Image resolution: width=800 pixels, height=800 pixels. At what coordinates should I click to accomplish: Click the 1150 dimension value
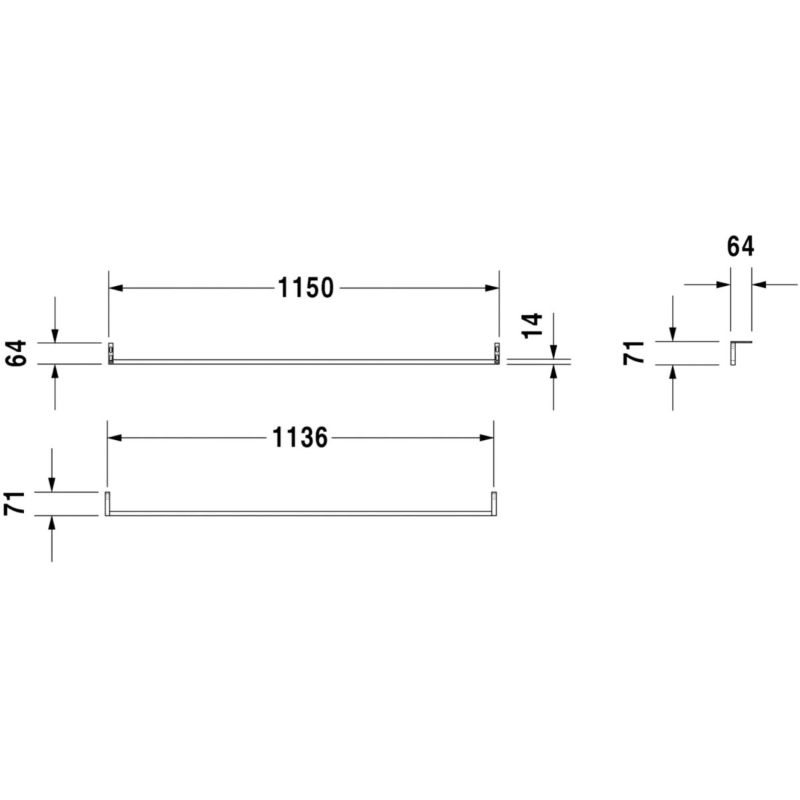tap(305, 288)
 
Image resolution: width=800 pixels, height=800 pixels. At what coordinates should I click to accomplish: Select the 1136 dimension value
tap(300, 437)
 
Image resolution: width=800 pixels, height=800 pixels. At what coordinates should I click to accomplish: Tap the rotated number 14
tap(533, 326)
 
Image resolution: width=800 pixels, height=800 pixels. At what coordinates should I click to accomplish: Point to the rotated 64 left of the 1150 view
tap(16, 353)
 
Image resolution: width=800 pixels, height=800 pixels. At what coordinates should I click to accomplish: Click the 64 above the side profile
tap(741, 247)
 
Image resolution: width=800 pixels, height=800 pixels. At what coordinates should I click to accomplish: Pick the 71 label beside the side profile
tap(633, 353)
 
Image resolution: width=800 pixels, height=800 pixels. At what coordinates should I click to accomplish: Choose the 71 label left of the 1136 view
tap(15, 503)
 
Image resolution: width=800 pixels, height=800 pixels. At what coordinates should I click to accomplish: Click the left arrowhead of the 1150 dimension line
tap(116, 288)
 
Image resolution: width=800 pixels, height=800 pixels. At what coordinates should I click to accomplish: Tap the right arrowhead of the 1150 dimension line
tap(492, 288)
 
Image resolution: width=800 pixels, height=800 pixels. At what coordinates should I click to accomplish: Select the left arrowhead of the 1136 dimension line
tap(115, 437)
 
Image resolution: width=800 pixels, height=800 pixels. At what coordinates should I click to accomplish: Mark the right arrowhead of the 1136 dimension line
tap(487, 437)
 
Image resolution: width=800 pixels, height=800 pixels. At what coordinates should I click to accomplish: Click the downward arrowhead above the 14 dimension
tap(553, 351)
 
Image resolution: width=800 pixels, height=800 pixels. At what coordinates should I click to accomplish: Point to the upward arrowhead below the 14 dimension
tap(553, 371)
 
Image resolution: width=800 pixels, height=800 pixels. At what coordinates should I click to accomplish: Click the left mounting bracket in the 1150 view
tap(111, 354)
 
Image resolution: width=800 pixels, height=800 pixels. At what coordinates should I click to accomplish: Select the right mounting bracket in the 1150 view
tap(497, 354)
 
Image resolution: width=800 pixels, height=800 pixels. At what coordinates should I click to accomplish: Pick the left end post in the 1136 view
tap(107, 503)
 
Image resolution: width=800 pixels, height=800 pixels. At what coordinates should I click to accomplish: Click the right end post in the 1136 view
tap(494, 503)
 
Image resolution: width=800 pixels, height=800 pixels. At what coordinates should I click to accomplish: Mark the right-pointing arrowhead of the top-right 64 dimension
tap(723, 285)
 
